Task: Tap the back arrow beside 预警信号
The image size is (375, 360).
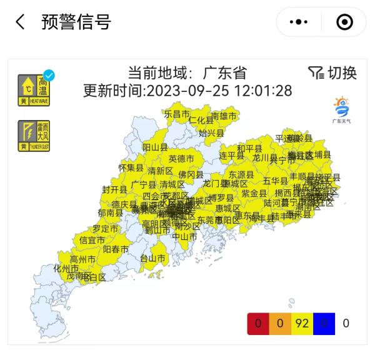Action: coord(21,22)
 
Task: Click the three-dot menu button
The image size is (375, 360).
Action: coord(298,22)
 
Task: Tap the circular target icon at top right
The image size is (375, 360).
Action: coord(344,22)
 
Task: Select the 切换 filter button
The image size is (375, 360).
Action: coord(332,73)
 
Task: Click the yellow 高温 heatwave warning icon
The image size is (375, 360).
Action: coord(34,89)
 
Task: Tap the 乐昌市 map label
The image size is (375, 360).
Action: coord(177,114)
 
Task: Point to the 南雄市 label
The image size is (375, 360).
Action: coord(224,116)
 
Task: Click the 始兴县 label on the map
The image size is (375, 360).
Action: coord(211,133)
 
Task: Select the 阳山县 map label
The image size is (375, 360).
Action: coord(156,147)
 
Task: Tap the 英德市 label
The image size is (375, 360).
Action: coord(181,159)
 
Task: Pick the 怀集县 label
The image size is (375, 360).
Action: coord(131,167)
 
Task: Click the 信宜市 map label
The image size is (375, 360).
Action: coord(92,240)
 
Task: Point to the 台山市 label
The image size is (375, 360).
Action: coord(152,258)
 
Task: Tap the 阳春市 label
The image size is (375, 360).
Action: coord(116,249)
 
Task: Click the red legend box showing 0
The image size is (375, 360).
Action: coord(257,323)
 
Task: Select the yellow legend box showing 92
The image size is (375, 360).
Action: coord(302,323)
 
